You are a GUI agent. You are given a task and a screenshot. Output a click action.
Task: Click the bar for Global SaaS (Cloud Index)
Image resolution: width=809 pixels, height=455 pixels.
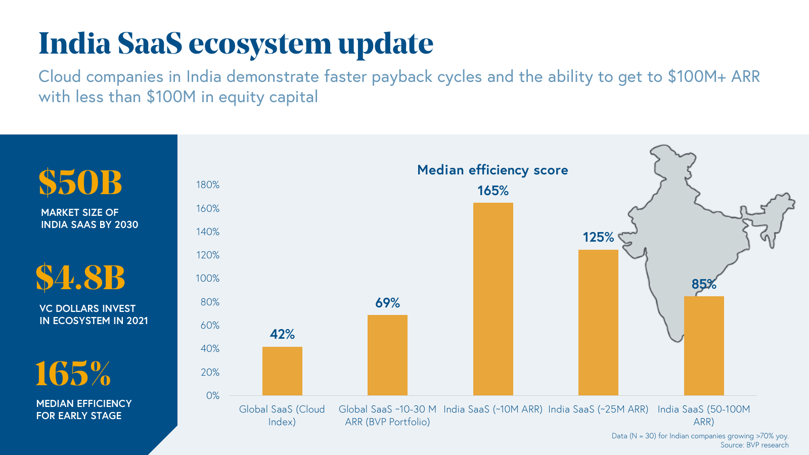click(x=282, y=371)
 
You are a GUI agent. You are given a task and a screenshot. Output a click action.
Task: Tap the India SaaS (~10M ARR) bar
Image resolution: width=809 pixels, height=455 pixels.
click(x=493, y=299)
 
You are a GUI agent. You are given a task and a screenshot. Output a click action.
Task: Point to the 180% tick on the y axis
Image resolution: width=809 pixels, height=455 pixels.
click(x=208, y=185)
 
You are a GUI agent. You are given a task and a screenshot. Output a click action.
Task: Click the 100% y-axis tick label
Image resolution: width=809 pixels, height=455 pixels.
click(x=208, y=279)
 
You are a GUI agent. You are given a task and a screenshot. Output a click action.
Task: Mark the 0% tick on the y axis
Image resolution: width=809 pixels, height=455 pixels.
click(x=213, y=396)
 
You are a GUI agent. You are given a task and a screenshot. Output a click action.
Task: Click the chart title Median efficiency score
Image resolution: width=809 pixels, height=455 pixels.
click(x=492, y=170)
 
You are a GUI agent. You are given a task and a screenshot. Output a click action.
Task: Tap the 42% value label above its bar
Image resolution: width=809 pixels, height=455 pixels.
click(x=282, y=334)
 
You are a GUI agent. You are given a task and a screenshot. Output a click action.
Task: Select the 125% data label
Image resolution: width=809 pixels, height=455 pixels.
click(x=598, y=237)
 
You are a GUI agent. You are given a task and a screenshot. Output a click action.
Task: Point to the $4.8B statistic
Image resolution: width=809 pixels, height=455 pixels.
click(x=80, y=278)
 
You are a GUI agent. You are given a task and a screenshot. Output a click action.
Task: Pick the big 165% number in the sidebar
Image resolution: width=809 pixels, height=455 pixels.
click(x=73, y=373)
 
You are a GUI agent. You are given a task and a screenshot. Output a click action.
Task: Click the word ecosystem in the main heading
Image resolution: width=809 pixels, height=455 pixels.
click(x=260, y=43)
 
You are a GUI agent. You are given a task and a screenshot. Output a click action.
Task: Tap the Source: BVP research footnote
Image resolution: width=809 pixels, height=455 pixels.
click(x=754, y=445)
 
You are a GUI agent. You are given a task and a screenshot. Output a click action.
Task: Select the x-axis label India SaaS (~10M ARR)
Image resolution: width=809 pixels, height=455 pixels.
click(x=493, y=409)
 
